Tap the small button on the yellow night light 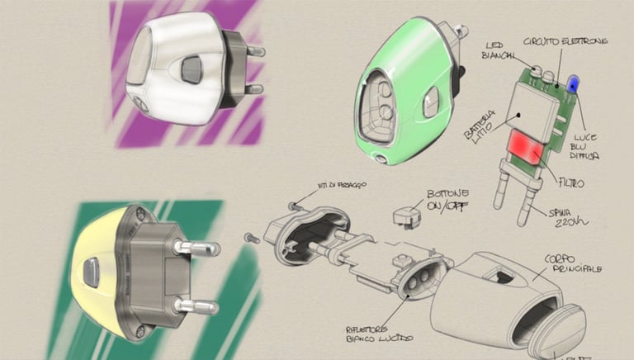(x=91, y=270)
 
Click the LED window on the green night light (x=382, y=105)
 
